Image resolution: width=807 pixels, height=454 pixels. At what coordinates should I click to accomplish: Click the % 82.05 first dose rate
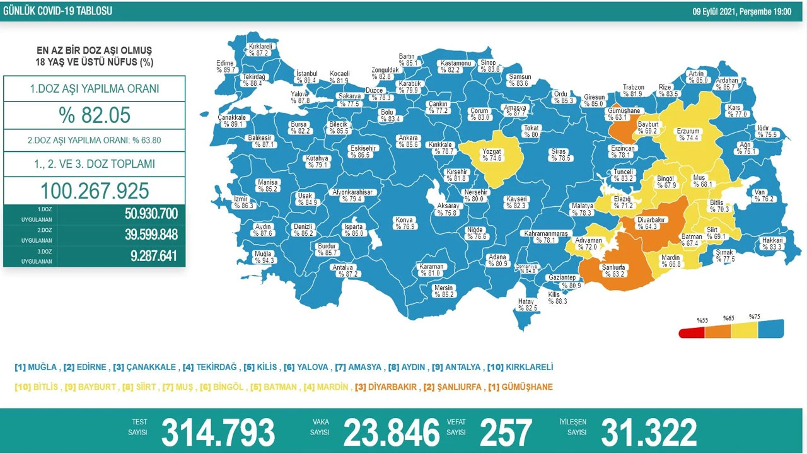pos(94,115)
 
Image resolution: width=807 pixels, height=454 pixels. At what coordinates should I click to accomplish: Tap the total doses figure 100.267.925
pos(95,191)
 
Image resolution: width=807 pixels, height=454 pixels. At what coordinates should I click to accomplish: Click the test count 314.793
pos(218,433)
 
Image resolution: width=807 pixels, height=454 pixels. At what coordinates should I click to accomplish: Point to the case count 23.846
pos(391,433)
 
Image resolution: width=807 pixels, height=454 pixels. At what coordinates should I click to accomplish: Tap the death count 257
pos(505,433)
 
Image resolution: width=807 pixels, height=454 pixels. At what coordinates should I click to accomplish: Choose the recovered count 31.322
pos(649,433)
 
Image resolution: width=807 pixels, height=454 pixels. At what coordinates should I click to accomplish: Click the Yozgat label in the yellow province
pos(492,154)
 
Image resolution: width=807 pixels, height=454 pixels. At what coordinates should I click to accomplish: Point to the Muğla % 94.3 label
pos(263,257)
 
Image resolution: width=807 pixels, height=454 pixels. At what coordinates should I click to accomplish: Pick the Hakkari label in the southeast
pos(772,243)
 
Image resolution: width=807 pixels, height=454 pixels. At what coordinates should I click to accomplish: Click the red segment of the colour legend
pos(691,332)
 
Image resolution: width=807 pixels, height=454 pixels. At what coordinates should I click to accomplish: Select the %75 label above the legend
pos(754,317)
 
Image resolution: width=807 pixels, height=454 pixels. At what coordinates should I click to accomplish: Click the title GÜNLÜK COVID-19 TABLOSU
pos(57,11)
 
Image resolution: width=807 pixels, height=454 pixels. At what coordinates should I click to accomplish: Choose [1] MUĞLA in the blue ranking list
pos(35,367)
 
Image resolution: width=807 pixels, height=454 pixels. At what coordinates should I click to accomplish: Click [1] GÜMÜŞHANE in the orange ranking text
pos(520,387)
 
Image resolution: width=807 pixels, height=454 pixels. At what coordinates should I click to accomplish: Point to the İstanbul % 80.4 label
pos(306,77)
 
